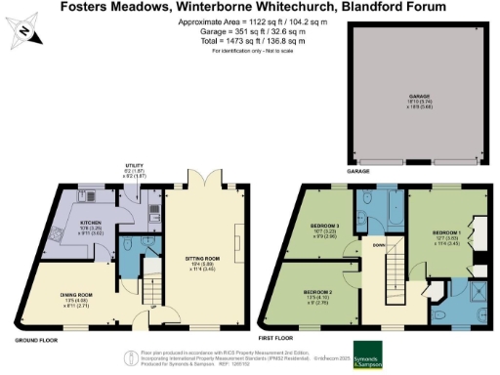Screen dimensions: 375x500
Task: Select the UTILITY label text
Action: point(135,166)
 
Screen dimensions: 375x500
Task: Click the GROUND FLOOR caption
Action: point(34,340)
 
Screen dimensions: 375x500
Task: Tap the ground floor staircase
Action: point(150,291)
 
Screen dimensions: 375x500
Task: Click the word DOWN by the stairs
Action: point(378,245)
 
